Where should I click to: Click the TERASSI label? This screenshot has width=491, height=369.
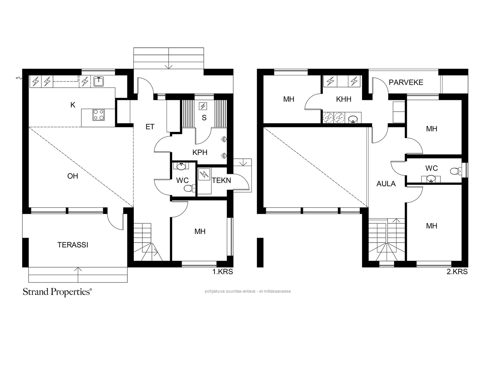73,245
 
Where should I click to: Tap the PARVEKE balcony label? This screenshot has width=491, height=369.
406,82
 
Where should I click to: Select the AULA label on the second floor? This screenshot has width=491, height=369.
386,184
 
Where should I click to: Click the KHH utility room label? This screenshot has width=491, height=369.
344,99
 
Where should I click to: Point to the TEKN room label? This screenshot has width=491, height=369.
221,181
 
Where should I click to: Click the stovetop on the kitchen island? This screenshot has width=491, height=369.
99,114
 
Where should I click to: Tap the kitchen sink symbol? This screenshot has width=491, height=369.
99,81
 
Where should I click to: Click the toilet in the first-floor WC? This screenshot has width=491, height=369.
190,188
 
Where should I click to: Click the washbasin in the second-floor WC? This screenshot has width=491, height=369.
431,179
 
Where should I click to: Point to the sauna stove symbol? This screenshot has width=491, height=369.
203,106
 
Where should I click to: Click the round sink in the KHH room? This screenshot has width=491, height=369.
353,118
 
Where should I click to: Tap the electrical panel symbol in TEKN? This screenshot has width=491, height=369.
204,174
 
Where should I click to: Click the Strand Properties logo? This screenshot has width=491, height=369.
57,292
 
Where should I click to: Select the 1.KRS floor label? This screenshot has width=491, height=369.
222,272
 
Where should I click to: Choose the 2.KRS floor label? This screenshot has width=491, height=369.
457,272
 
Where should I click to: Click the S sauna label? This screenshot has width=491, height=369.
204,118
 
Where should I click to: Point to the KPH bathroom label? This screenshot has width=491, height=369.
200,152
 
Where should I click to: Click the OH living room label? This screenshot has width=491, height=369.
73,176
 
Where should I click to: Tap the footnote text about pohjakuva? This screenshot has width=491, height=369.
248,291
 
